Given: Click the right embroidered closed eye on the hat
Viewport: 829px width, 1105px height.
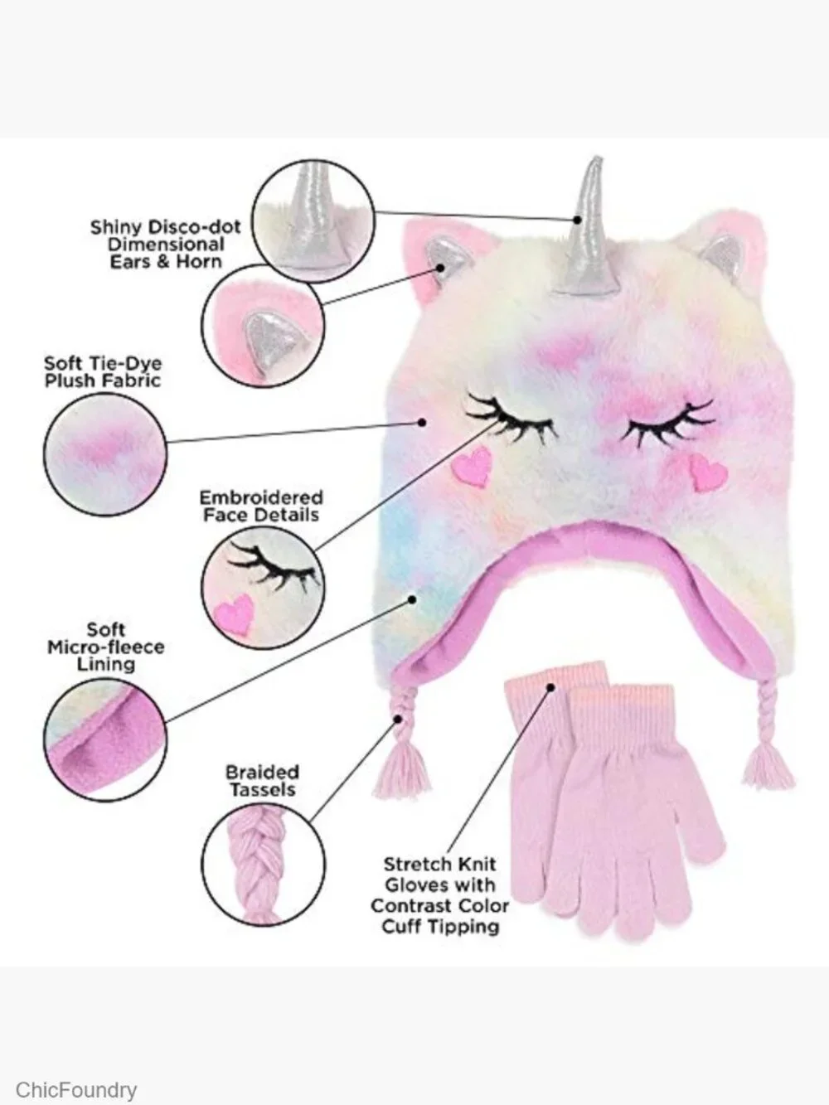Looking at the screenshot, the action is [x=667, y=422].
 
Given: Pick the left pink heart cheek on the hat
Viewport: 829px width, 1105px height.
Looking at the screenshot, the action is [x=473, y=468].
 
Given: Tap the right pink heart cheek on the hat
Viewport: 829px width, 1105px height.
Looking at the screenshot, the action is [x=708, y=473].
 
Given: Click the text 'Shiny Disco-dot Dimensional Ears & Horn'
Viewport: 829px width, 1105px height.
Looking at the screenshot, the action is [x=166, y=245].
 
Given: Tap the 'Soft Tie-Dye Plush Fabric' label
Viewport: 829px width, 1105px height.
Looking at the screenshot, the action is [x=103, y=372].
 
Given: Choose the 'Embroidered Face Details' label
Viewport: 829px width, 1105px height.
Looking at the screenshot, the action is [x=261, y=506].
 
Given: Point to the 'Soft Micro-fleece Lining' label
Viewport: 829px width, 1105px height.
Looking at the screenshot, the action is [x=106, y=647].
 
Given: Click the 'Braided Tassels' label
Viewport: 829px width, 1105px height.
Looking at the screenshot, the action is [x=262, y=780].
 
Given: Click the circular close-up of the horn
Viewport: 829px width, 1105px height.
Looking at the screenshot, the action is [x=313, y=220].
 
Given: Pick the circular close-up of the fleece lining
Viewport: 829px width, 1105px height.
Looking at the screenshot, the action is [x=104, y=739].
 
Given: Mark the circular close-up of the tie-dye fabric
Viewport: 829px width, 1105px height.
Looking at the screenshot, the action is [x=104, y=454].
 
